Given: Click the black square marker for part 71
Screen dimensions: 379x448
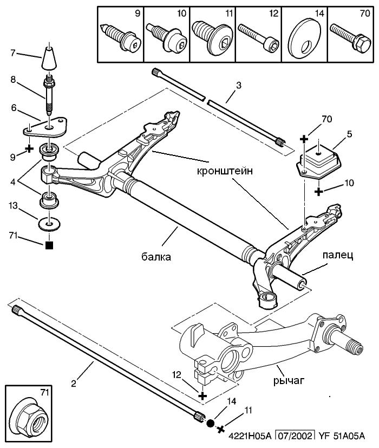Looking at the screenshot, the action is (x=49, y=245).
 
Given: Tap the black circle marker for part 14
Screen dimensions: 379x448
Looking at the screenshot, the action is (x=210, y=423).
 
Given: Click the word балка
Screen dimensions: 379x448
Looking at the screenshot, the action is (x=156, y=257).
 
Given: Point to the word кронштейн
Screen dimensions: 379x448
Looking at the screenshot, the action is (x=225, y=171).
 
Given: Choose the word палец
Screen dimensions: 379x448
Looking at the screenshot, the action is (x=338, y=255).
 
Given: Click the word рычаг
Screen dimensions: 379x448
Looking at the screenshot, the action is (x=289, y=381).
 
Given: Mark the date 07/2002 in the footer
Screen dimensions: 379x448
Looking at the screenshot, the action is (x=296, y=436).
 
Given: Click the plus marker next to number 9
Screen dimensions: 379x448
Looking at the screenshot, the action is (x=29, y=149).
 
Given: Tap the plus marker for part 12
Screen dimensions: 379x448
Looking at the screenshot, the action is (x=202, y=396).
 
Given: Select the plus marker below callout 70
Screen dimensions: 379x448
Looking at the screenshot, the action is (x=304, y=139).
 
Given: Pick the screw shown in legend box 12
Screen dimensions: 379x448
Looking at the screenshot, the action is (x=258, y=37).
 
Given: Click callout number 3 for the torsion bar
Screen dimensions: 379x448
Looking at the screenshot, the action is (x=239, y=85).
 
